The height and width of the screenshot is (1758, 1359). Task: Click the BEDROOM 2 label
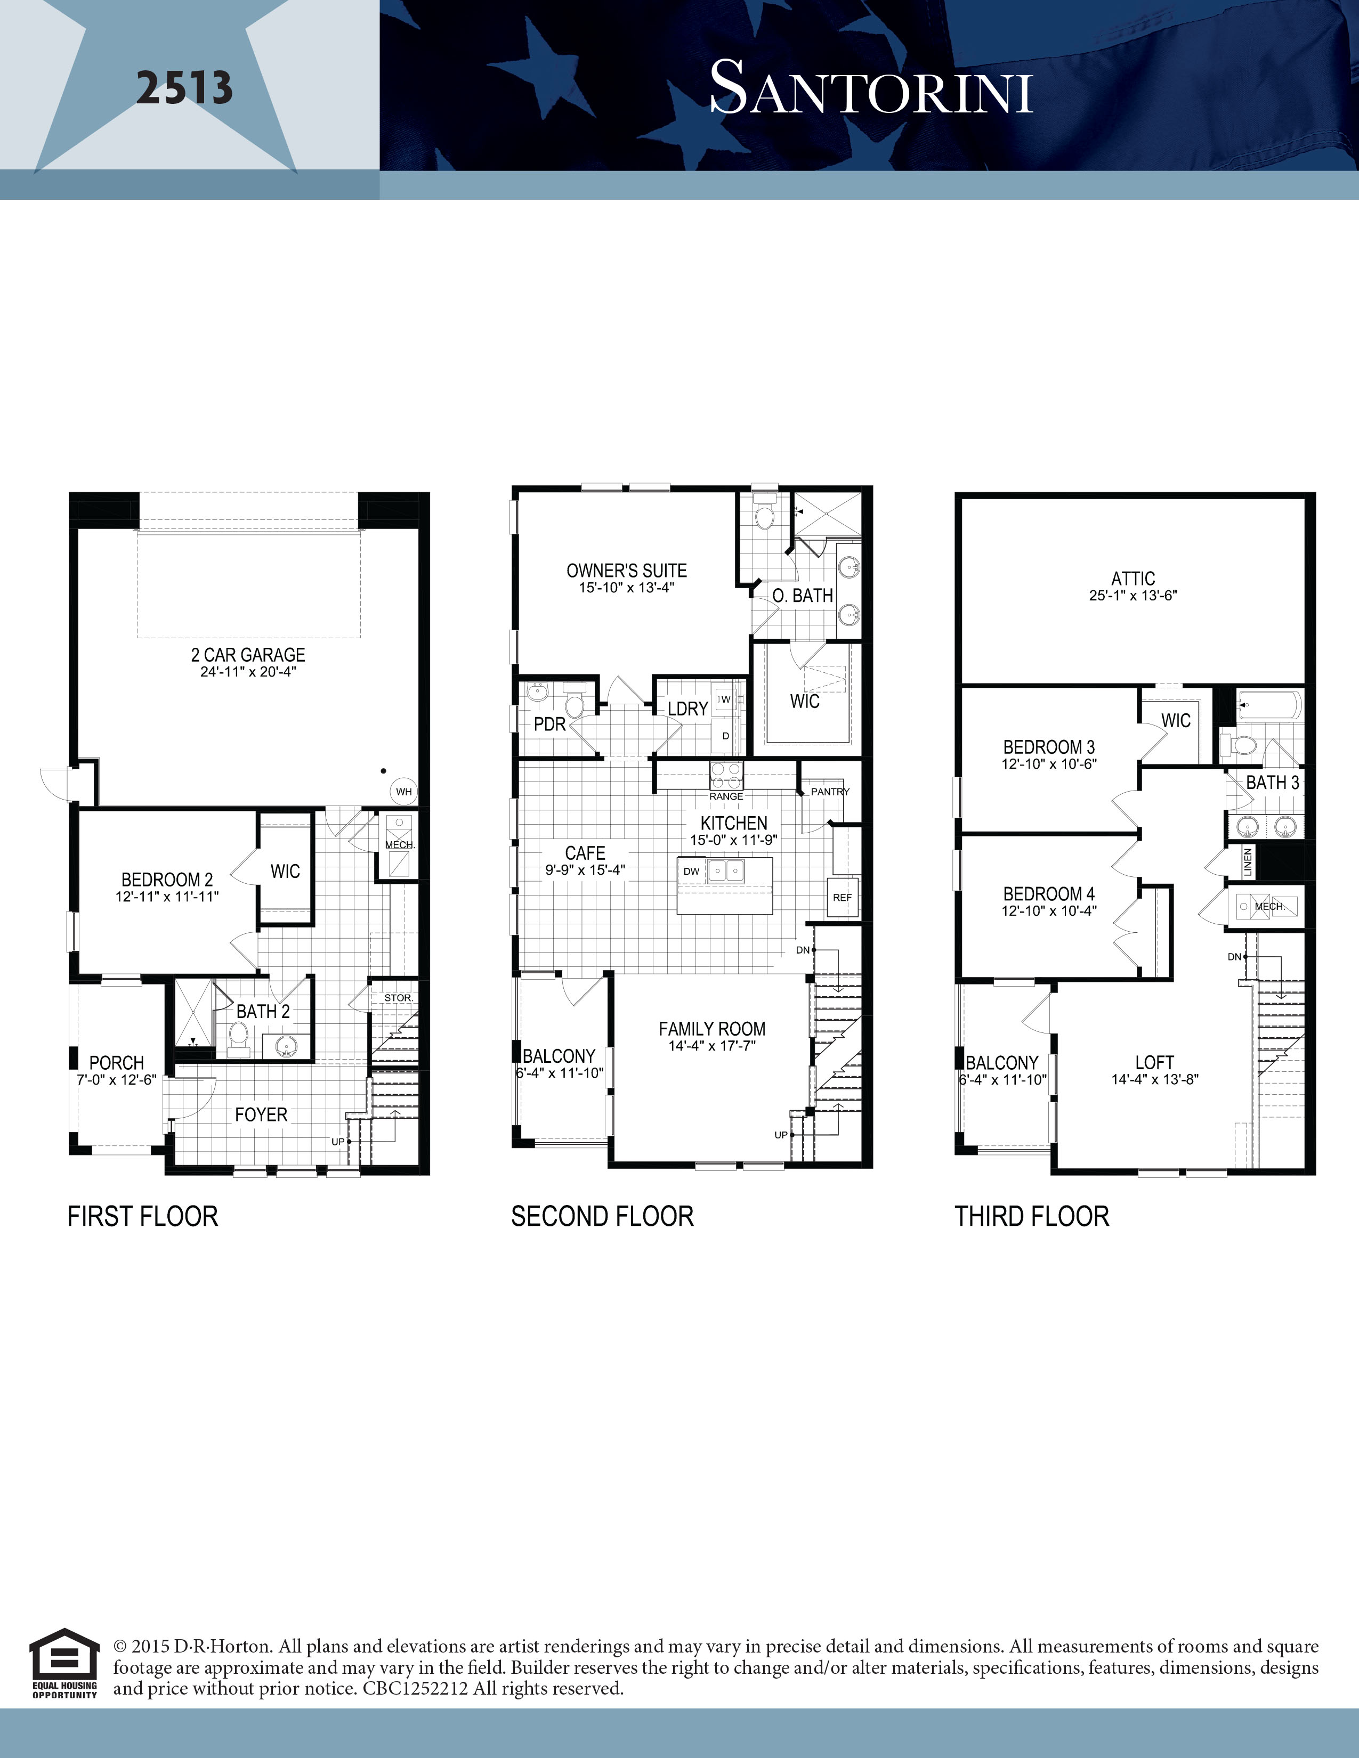(167, 880)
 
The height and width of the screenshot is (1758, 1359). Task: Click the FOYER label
(261, 1115)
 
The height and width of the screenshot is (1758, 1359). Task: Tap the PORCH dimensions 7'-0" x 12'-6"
(117, 1080)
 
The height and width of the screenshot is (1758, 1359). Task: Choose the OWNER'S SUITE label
(626, 571)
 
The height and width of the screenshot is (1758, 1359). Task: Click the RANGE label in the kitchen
(726, 796)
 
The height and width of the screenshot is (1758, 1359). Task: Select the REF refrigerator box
(842, 898)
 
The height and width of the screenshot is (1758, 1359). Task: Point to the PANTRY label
(830, 791)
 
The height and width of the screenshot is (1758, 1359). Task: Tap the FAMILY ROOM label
(711, 1029)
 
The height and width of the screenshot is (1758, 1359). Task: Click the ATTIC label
(1133, 579)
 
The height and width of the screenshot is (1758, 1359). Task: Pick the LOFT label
(1154, 1063)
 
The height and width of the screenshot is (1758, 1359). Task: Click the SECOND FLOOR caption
(602, 1216)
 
